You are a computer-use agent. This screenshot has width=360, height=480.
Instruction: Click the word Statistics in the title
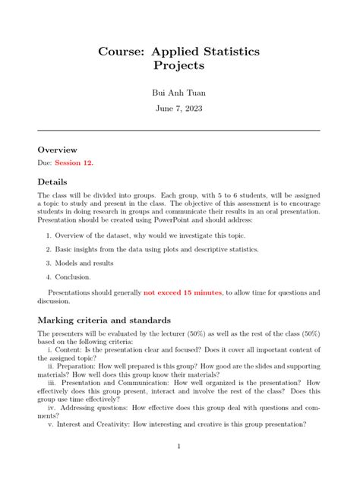pyautogui.click(x=227, y=52)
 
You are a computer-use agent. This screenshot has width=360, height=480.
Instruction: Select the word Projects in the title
pyautogui.click(x=179, y=66)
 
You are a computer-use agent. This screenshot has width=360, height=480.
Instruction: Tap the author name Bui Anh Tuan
pyautogui.click(x=179, y=93)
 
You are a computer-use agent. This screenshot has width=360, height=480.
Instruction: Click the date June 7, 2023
pyautogui.click(x=179, y=109)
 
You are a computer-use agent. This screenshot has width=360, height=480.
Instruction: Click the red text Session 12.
pyautogui.click(x=77, y=163)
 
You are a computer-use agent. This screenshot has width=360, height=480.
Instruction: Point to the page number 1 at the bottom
pyautogui.click(x=179, y=447)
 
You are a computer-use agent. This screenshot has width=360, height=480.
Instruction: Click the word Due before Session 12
pyautogui.click(x=45, y=163)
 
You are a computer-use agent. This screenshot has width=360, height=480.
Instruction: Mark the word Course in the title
pyautogui.click(x=121, y=52)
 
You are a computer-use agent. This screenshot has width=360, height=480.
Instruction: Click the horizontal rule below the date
pyautogui.click(x=179, y=131)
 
